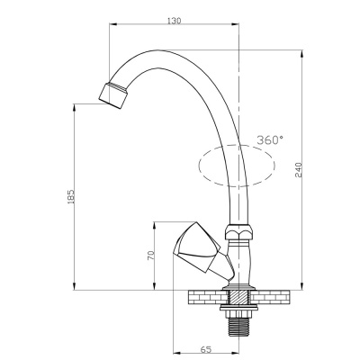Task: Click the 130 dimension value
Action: click(175, 21)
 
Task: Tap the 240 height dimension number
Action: click(298, 169)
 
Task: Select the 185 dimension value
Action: click(71, 196)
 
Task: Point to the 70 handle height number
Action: click(151, 255)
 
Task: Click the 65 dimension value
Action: click(205, 349)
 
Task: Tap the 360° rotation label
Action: click(270, 139)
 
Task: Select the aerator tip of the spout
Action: click(113, 94)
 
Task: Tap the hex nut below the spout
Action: click(239, 232)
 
